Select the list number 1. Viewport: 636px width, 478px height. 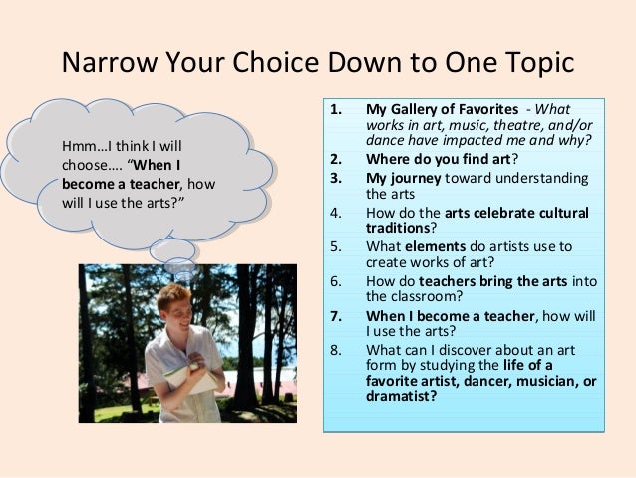point(336,109)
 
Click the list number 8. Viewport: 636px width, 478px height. point(336,349)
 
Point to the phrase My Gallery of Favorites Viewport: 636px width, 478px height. point(442,109)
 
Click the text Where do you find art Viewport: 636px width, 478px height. point(439,158)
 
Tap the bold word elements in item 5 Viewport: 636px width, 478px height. point(437,245)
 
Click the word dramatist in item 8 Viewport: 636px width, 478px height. point(401,396)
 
